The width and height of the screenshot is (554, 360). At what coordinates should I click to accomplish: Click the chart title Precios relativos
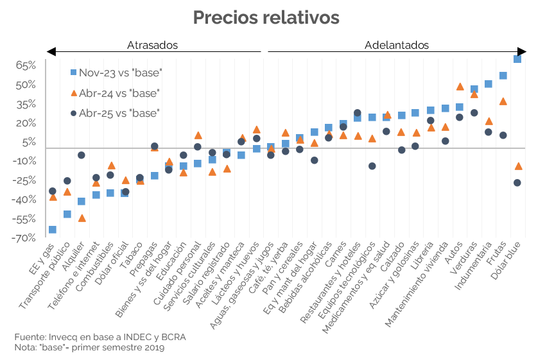266,18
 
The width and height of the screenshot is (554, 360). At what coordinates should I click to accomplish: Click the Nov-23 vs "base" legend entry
116,73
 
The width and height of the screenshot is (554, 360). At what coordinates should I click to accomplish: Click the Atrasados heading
152,46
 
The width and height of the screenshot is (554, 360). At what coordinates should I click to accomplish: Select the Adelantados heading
397,46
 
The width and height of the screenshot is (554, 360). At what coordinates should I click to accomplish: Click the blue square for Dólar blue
517,59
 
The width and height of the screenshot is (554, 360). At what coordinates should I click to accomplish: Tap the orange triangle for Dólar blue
518,166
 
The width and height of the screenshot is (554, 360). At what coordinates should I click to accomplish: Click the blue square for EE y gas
52,230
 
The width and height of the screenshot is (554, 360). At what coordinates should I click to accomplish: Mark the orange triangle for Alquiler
82,218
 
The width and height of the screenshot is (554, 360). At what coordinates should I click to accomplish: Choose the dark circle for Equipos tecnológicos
372,166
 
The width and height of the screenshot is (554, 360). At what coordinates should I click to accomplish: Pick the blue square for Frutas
503,76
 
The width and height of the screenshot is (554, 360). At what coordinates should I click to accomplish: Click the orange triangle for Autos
460,87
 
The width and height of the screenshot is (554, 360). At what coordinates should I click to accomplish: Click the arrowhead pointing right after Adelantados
521,51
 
